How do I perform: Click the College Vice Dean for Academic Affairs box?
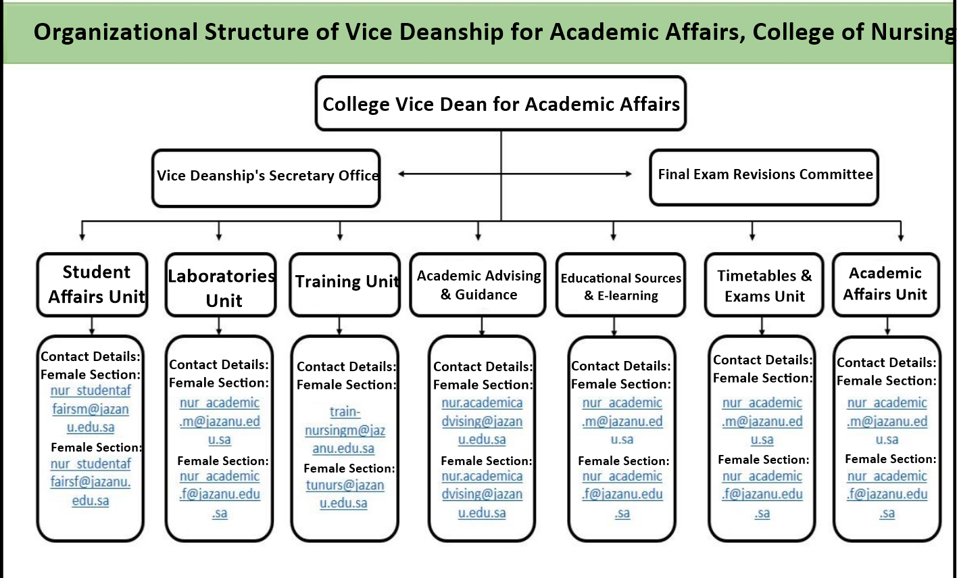[x=501, y=103]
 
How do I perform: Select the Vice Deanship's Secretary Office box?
[x=266, y=178]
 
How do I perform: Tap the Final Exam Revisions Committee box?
[x=764, y=176]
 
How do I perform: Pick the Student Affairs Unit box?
[x=93, y=285]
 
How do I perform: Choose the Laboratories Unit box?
[x=221, y=285]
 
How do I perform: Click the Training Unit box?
[x=345, y=284]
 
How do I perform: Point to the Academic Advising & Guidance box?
[x=478, y=285]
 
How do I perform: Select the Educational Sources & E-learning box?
[x=620, y=285]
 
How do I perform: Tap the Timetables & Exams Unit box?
[x=764, y=285]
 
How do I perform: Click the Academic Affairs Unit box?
[x=885, y=285]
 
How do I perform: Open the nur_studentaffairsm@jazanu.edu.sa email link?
[x=91, y=409]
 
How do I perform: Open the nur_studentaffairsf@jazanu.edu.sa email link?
[x=91, y=482]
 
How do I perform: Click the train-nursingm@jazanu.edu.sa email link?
[x=344, y=430]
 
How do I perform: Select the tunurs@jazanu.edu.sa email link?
[x=344, y=494]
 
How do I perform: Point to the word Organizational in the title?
[x=116, y=32]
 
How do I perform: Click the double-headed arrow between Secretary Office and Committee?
[x=515, y=174]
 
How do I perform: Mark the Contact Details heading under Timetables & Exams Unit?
[x=762, y=360]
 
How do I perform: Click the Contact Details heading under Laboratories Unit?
[x=218, y=364]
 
